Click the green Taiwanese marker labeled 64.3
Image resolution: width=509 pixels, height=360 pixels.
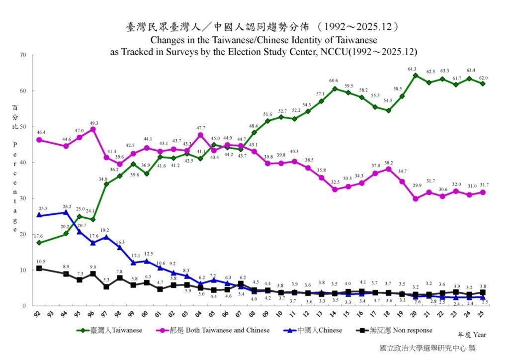click(x=415, y=76)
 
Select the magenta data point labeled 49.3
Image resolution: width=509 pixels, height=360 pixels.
click(x=93, y=129)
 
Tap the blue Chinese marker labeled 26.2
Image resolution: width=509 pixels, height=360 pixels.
click(x=66, y=212)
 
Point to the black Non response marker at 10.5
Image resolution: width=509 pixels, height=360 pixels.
click(x=39, y=269)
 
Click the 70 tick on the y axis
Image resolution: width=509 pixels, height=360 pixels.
click(x=22, y=55)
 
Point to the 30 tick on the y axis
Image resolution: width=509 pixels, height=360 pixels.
click(x=22, y=198)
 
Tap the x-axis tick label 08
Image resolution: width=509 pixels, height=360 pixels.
click(x=254, y=315)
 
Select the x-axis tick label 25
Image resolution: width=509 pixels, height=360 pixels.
click(x=482, y=315)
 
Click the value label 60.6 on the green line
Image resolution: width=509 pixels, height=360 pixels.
click(x=333, y=81)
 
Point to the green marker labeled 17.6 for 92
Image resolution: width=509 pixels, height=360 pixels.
click(x=39, y=243)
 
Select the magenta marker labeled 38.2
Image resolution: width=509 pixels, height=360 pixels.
click(x=388, y=169)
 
